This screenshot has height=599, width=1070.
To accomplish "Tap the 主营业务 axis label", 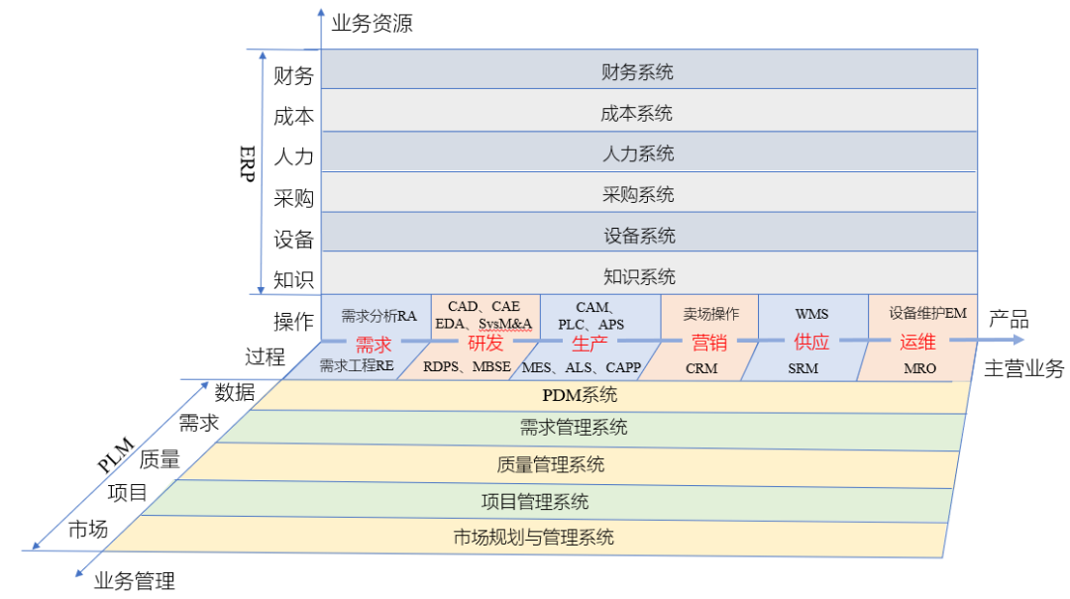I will pyautogui.click(x=1023, y=368).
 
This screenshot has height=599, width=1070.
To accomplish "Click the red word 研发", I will pyautogui.click(x=485, y=344).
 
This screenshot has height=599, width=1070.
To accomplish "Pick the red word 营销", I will pyautogui.click(x=708, y=344).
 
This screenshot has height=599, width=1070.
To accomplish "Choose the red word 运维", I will pyautogui.click(x=917, y=344).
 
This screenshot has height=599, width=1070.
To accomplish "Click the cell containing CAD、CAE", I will pyautogui.click(x=484, y=315).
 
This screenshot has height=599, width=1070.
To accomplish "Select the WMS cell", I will pyautogui.click(x=812, y=315).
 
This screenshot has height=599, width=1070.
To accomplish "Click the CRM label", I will pyautogui.click(x=701, y=367).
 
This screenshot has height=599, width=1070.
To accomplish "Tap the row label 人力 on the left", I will pyautogui.click(x=293, y=156).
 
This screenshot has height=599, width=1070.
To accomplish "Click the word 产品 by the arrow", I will pyautogui.click(x=1009, y=319).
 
